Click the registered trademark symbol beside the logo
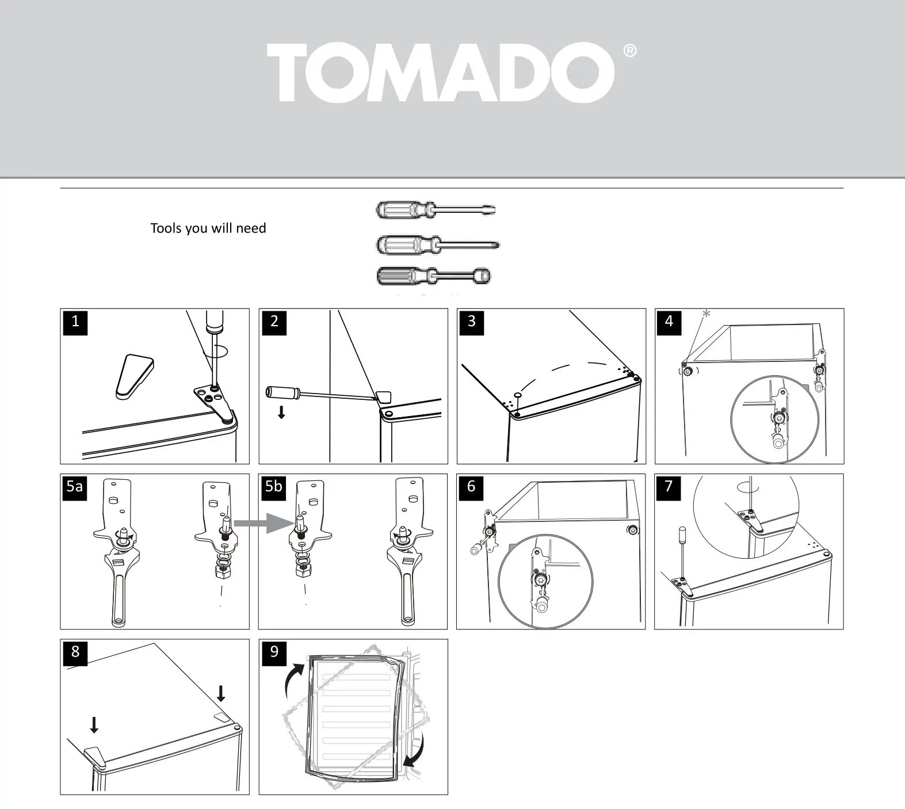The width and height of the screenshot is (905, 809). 630,51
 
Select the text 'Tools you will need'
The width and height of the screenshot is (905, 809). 208,228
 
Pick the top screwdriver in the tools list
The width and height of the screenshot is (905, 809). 436,209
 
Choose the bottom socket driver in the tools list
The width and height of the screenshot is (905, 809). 434,276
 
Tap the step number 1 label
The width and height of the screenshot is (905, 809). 75,322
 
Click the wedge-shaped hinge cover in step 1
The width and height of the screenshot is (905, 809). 134,376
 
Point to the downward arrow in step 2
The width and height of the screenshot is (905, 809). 281,412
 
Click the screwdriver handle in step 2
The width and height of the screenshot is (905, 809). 282,392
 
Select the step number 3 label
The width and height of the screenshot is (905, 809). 472,322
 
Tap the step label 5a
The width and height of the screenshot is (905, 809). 75,487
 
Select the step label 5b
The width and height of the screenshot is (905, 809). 274,487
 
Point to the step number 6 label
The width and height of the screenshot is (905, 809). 471,487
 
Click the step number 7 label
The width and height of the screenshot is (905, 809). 669,487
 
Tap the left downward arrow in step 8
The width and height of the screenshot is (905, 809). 94,725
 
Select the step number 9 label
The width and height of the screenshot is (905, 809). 274,652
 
